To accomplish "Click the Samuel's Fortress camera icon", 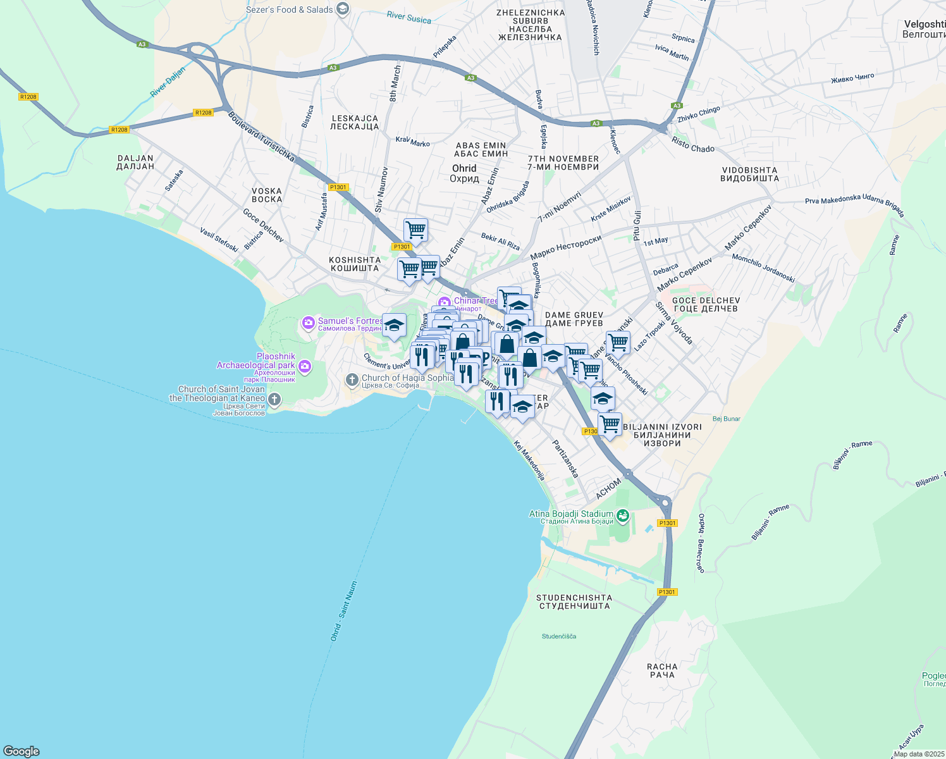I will [x=308, y=323].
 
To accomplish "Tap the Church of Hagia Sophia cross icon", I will [x=352, y=379].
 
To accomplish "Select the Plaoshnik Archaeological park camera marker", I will [x=305, y=367].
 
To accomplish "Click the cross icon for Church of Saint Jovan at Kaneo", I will [x=274, y=399].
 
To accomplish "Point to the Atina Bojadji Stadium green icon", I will [x=623, y=516].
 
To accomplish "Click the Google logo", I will [x=21, y=751].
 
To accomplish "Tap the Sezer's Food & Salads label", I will [x=289, y=9].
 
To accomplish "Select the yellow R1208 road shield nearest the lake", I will [x=119, y=130].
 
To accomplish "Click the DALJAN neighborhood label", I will [x=135, y=163].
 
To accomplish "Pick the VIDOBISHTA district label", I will [x=749, y=174].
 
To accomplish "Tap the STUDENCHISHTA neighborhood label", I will [x=574, y=602].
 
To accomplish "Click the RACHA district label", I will [x=662, y=670].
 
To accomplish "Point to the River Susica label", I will [x=408, y=18].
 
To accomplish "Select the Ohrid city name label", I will [x=464, y=173].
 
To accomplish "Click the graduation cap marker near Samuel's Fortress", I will [x=394, y=326].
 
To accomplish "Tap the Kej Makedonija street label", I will [x=529, y=460].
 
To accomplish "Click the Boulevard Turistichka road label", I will [x=261, y=136].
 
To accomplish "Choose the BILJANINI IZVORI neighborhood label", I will [x=662, y=435].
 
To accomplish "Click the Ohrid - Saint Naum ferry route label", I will [x=344, y=611].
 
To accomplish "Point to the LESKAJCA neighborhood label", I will [x=354, y=122].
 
